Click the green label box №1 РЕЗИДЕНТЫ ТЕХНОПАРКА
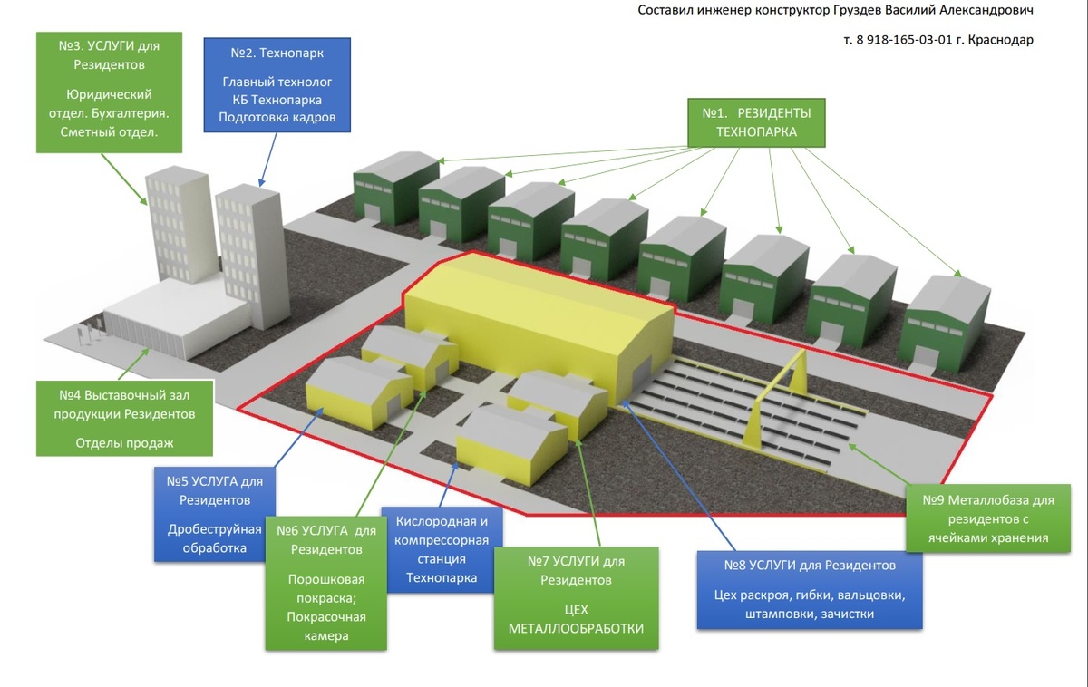click(x=756, y=122)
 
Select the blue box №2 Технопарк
click(x=277, y=86)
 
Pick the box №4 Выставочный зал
click(x=125, y=418)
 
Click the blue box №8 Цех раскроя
click(x=810, y=589)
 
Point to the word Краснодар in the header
click(x=1001, y=40)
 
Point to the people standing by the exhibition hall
click(x=85, y=337)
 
